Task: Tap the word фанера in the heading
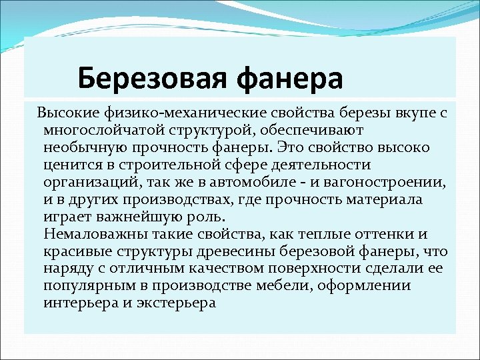pyautogui.click(x=289, y=79)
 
